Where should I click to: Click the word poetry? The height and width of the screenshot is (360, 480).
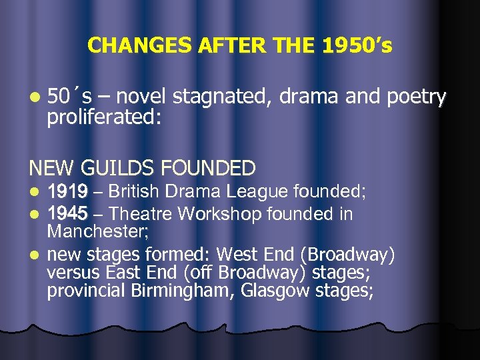coord(415,98)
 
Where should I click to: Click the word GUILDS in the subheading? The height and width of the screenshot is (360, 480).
coord(125,167)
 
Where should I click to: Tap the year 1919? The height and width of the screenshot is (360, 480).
coord(67,192)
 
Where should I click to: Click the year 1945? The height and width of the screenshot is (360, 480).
coord(67,214)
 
